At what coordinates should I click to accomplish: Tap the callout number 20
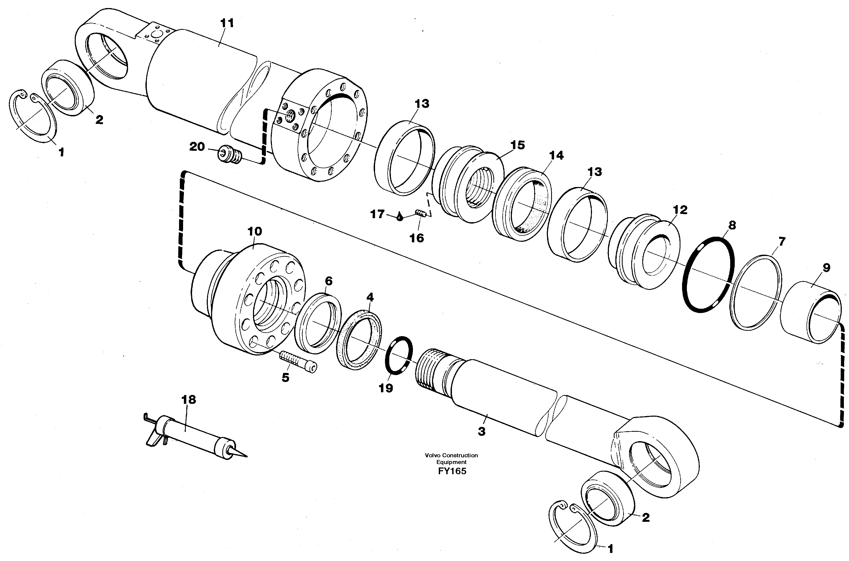click(197, 147)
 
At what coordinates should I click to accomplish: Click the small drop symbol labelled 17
click(399, 217)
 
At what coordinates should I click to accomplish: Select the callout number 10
click(255, 232)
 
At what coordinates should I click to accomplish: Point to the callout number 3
click(481, 431)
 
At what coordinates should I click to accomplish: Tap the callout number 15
click(517, 145)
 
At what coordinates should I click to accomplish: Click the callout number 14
click(556, 156)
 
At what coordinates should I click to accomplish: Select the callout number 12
click(680, 210)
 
